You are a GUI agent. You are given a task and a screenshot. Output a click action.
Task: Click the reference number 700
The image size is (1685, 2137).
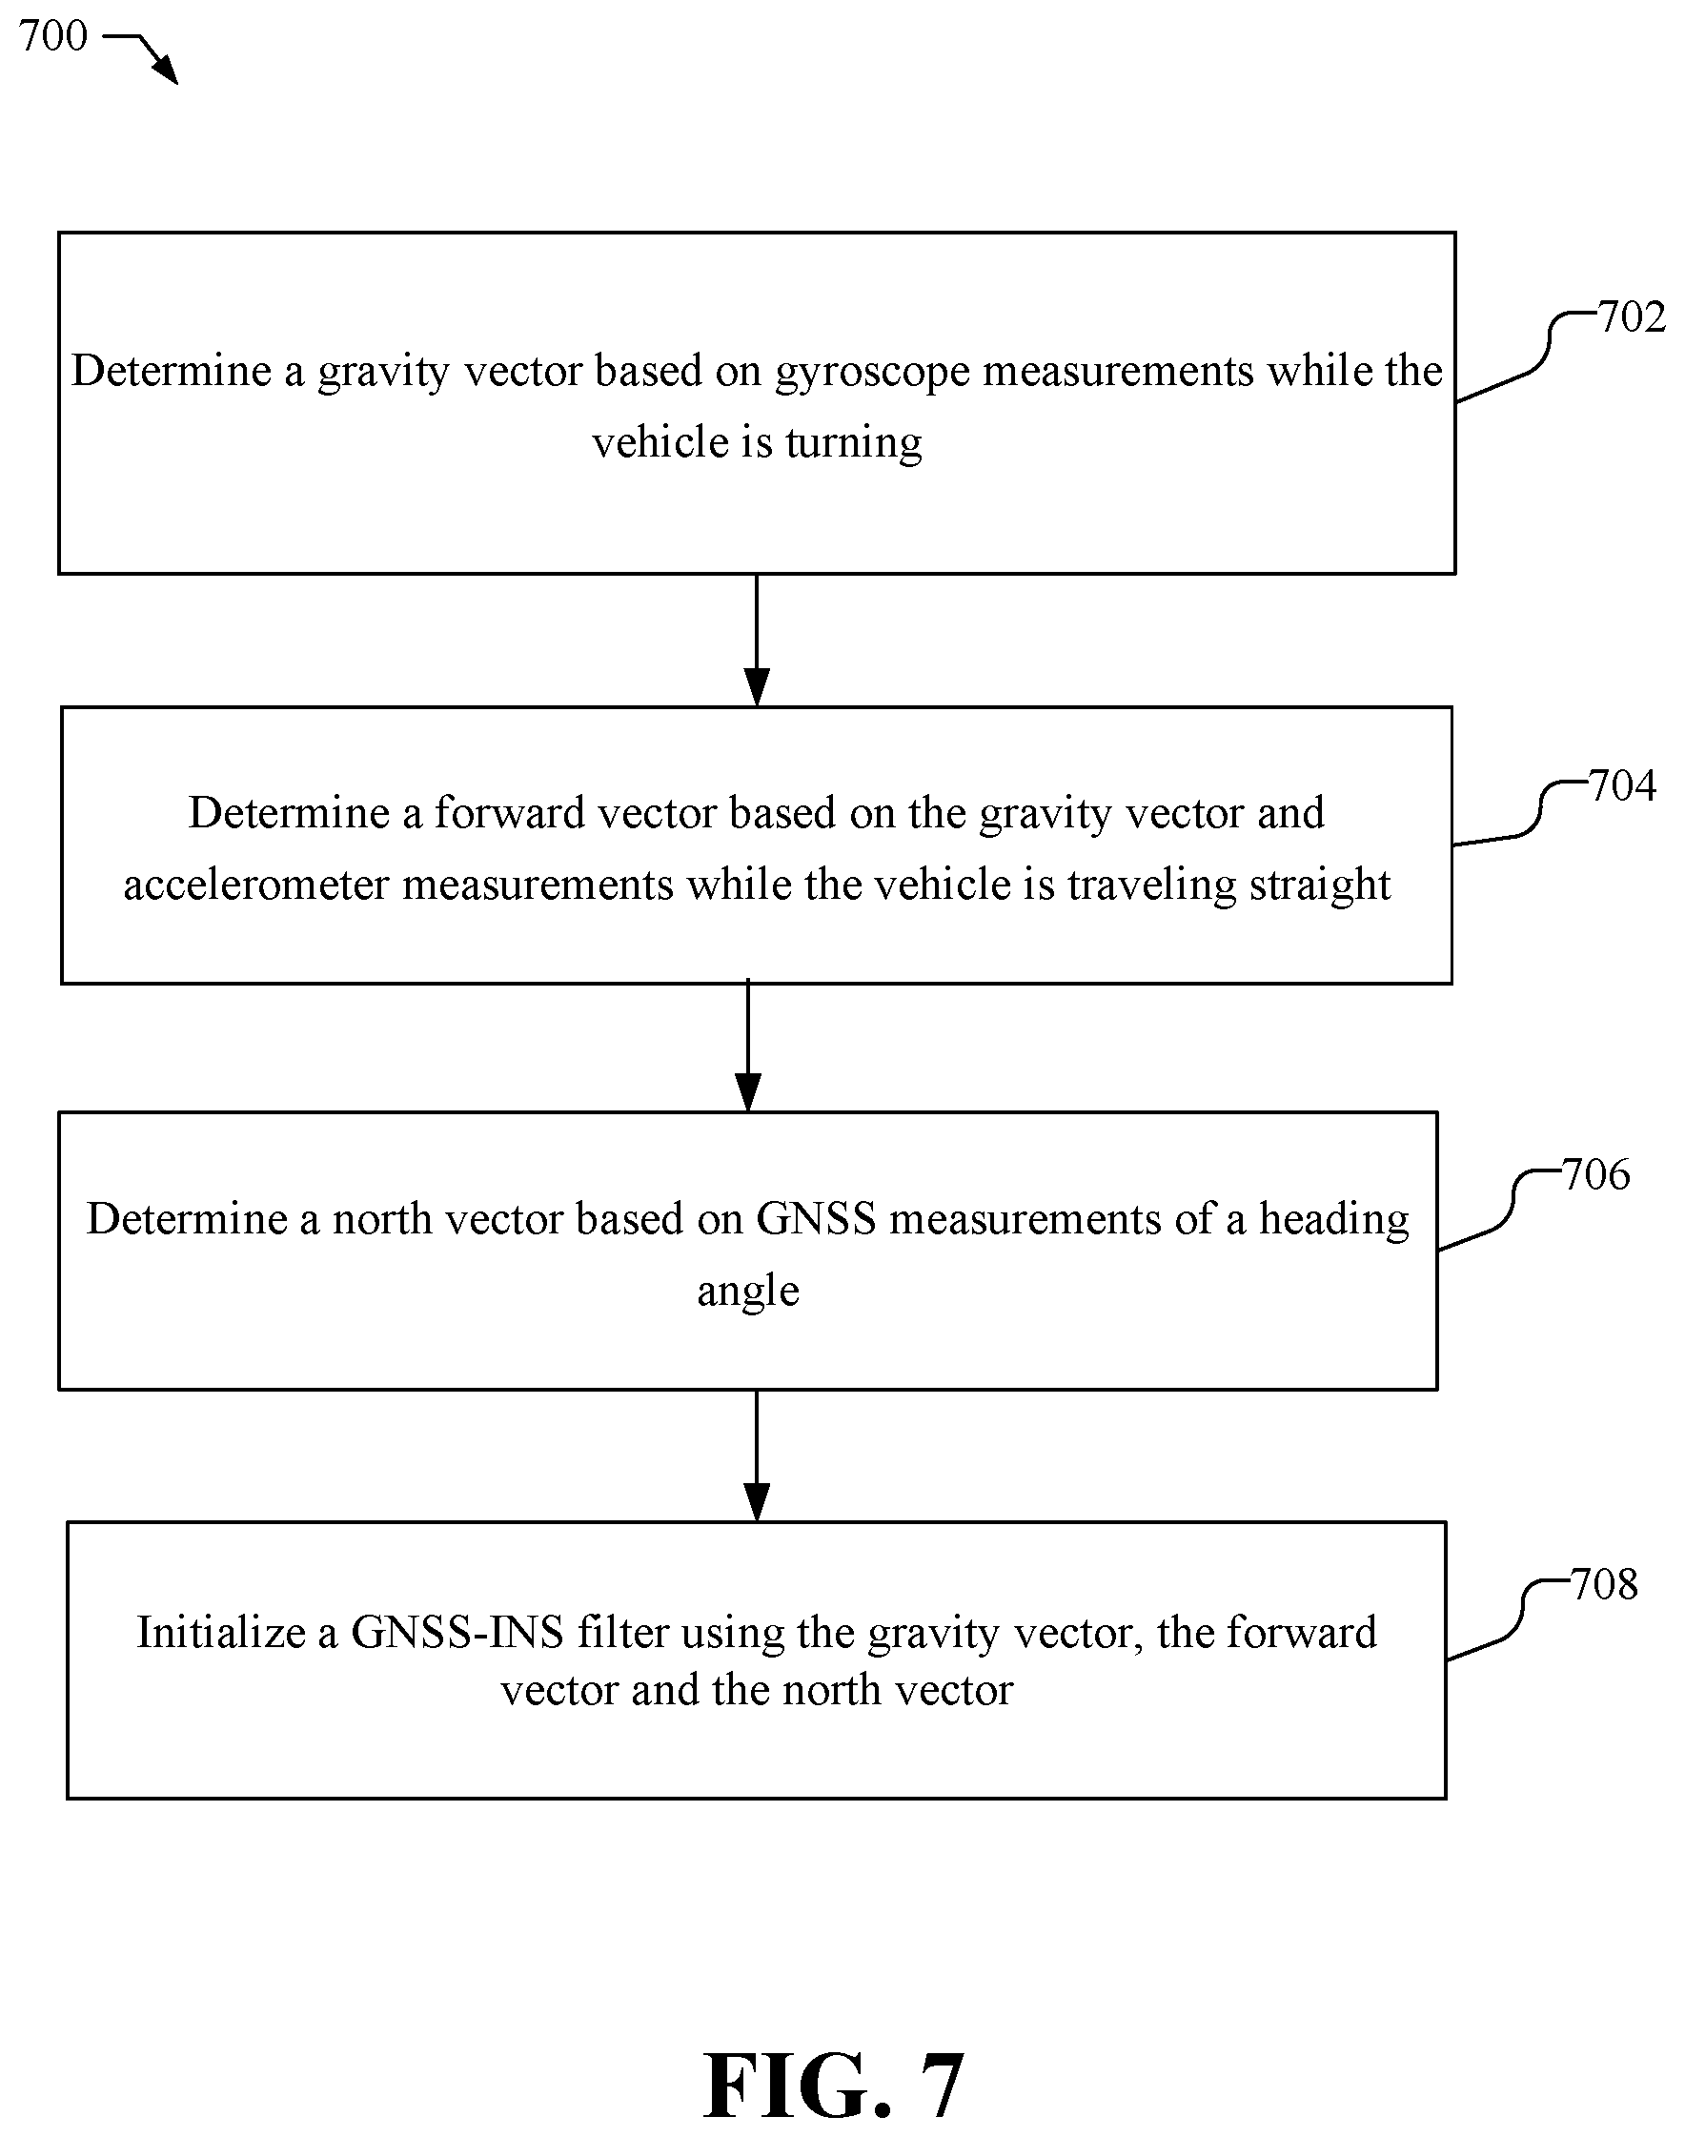53,36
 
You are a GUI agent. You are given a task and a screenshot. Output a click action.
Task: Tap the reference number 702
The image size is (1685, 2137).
1632,317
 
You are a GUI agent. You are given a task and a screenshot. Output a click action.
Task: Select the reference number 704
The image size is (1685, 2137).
1622,786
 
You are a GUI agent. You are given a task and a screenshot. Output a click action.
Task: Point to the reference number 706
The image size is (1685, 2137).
1596,1175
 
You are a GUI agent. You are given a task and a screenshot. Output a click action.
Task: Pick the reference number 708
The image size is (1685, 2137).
1604,1584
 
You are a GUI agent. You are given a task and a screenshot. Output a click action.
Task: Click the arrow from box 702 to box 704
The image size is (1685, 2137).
757,641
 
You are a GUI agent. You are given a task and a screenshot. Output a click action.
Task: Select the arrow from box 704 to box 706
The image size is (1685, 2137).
749,1046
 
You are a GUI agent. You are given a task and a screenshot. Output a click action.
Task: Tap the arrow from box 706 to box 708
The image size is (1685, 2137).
757,1456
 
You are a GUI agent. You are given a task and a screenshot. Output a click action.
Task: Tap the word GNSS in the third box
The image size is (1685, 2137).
816,1219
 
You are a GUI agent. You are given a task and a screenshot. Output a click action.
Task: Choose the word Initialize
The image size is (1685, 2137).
221,1632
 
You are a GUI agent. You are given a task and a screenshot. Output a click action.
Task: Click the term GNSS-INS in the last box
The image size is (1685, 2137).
457,1632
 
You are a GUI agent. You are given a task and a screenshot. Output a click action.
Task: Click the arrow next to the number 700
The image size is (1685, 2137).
141,55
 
